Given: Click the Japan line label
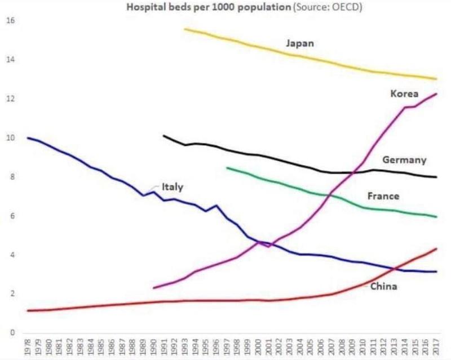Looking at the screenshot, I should pos(299,43).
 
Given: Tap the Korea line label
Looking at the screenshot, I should pos(404,94).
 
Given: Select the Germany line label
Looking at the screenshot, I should pos(404,160).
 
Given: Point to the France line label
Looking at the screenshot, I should pos(383,196).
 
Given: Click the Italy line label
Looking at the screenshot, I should pos(173,186).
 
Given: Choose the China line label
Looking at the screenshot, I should pos(384,287).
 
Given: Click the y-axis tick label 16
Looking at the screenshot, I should pos(11,21).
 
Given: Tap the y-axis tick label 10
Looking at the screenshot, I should pos(11,138).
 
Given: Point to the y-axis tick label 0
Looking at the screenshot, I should pos(11,333).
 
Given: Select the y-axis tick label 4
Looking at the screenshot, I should pos(11,255).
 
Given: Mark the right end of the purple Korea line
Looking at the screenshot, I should pos(437,94).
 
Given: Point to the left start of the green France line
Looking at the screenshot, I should pos(226,167).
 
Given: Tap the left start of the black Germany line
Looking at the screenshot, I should pos(163,135).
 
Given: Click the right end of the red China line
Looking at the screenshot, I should pos(437,248).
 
